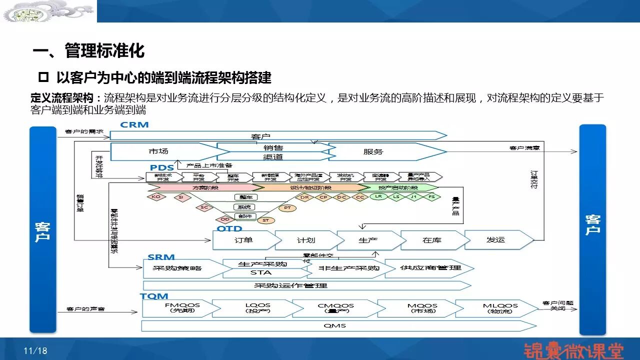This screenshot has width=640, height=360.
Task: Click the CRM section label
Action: (x=134, y=124)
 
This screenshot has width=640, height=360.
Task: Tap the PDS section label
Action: (x=162, y=167)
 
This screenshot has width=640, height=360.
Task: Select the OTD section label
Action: (x=229, y=228)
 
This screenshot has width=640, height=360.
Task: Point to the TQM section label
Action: (x=154, y=296)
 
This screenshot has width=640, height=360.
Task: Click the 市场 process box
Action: (x=159, y=151)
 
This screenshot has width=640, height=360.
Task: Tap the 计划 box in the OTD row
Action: (x=305, y=240)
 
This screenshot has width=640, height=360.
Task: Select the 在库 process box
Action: (x=431, y=240)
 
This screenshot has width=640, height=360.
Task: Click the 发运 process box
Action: (x=495, y=239)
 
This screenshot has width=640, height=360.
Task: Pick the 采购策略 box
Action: (x=173, y=268)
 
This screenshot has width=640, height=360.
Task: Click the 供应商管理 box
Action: (x=430, y=268)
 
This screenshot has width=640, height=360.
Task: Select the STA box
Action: (x=260, y=273)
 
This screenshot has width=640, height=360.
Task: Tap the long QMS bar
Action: (x=334, y=326)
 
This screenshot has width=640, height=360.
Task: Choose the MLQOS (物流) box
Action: (x=493, y=308)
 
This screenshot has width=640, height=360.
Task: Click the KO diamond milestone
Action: (x=156, y=197)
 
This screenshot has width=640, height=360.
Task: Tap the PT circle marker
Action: (x=287, y=207)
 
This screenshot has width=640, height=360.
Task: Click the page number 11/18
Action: (x=35, y=351)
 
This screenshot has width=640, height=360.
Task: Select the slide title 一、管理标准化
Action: (x=88, y=50)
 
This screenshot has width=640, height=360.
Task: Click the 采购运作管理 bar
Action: (x=290, y=285)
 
